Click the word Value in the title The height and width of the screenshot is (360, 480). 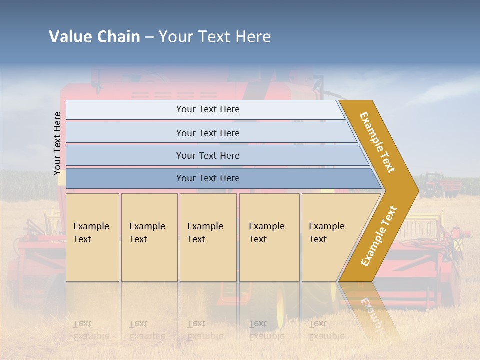[x=70, y=37]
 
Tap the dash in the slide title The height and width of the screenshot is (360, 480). [x=149, y=37]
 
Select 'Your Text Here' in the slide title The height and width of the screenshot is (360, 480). [x=215, y=37]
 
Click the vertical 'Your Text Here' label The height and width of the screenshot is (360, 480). [x=58, y=144]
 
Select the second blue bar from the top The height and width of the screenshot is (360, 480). [x=207, y=133]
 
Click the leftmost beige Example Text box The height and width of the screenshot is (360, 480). [x=92, y=237]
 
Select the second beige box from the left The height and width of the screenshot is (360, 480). [x=149, y=237]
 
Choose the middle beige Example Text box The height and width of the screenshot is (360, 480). [x=208, y=237]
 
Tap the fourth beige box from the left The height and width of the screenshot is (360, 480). [x=269, y=237]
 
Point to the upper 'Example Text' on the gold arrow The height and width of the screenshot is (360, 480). [x=377, y=142]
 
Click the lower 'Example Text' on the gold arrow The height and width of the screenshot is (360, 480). [x=379, y=236]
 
